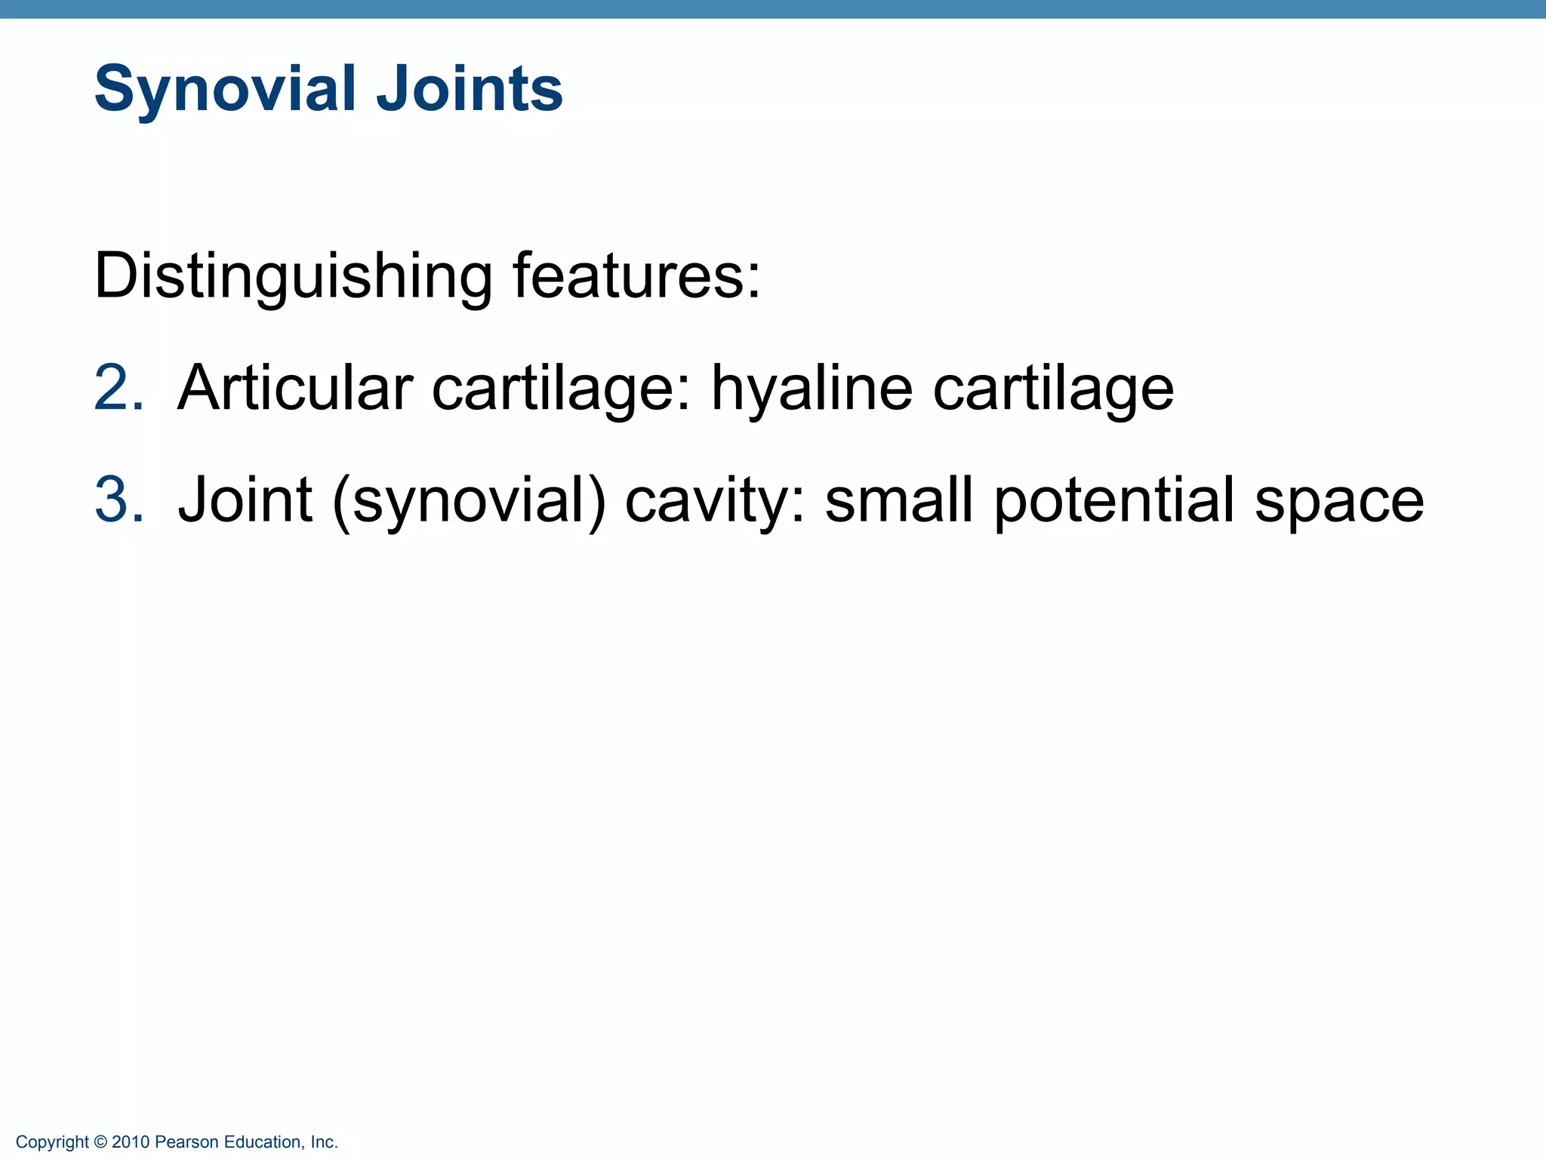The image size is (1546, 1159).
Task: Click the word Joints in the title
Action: [469, 89]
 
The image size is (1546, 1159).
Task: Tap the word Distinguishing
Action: [293, 277]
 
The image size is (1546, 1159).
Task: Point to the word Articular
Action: [294, 389]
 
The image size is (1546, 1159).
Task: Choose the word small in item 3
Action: [898, 500]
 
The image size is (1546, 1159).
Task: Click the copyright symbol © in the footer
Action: [100, 1142]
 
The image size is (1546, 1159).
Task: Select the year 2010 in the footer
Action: [130, 1142]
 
